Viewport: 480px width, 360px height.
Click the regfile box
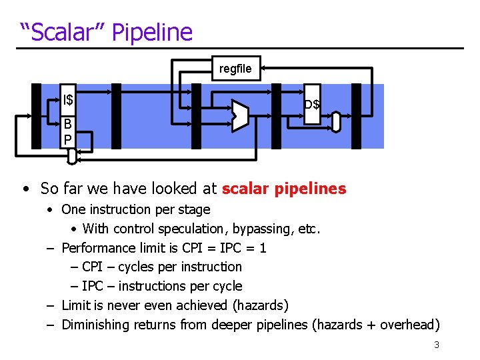[235, 69]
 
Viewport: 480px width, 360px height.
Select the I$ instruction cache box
[68, 101]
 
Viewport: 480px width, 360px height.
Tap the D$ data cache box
[312, 104]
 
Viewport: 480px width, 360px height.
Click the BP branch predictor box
[67, 132]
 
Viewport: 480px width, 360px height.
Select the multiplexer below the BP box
[72, 155]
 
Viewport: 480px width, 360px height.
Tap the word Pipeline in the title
[152, 32]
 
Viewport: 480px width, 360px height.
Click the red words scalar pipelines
[284, 189]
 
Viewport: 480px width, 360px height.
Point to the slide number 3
[436, 345]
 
